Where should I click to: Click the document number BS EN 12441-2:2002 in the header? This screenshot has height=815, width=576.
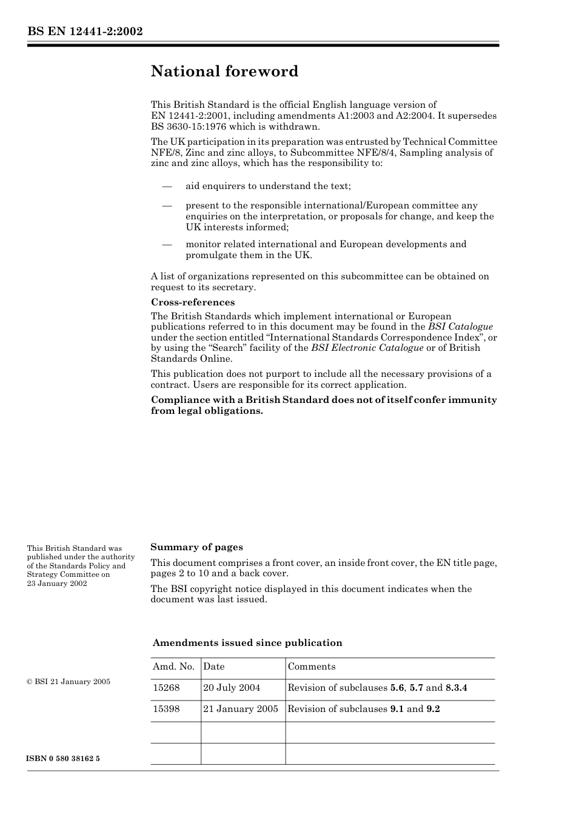85,32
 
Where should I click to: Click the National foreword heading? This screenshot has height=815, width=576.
224,72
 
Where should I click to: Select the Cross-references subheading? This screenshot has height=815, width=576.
192,302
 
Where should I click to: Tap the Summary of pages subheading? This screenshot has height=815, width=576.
196,547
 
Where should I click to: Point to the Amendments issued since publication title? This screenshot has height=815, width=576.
247,643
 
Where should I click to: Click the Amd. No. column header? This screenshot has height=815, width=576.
173,667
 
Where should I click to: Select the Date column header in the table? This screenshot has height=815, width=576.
214,667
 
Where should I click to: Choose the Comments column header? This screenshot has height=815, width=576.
311,667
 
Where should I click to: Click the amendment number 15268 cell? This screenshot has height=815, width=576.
166,688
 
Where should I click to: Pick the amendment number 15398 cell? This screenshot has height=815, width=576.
166,709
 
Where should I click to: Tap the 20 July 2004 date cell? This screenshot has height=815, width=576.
232,688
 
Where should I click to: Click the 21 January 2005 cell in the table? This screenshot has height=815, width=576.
241,709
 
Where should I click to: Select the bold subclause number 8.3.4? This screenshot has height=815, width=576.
456,688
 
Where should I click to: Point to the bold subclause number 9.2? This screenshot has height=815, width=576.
433,709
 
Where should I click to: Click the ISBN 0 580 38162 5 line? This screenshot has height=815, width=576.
64,759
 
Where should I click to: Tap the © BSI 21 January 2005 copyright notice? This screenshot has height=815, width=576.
69,682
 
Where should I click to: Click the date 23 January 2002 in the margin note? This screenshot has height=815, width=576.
57,583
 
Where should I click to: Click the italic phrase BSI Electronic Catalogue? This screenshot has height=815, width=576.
367,348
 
